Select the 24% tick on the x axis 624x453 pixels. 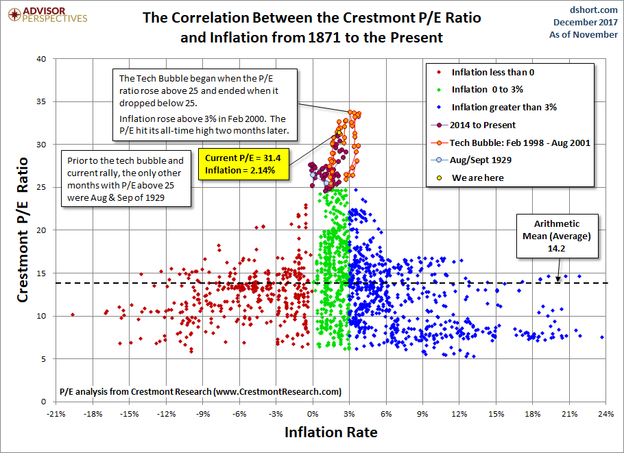[x=605, y=414]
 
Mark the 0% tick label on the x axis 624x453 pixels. [x=313, y=414]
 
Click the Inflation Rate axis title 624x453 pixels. [x=331, y=432]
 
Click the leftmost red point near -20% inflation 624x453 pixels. [x=73, y=315]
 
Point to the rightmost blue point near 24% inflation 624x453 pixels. [x=602, y=337]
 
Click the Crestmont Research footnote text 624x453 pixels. [x=200, y=391]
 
